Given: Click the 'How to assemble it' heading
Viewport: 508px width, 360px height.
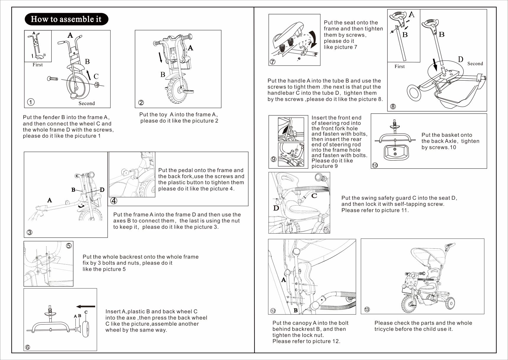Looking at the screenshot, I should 66,19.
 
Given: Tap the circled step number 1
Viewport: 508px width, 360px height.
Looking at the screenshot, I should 31,102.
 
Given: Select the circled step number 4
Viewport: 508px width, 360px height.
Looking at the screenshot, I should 114,201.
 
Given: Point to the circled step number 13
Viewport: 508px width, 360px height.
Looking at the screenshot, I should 367,309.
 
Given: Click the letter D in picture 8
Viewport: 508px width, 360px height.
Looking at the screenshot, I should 460,59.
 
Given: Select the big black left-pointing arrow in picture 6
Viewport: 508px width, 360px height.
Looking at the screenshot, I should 85,307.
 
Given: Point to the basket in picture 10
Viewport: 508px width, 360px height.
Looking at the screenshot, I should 396,152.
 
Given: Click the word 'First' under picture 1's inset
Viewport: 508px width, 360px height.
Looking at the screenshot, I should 38,65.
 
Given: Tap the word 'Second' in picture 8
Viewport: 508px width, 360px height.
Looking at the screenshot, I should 475,63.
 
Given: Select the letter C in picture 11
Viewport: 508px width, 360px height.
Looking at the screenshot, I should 314,196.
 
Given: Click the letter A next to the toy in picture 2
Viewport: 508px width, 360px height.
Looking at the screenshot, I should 191,48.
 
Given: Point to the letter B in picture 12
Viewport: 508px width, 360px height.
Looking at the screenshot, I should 296,310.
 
